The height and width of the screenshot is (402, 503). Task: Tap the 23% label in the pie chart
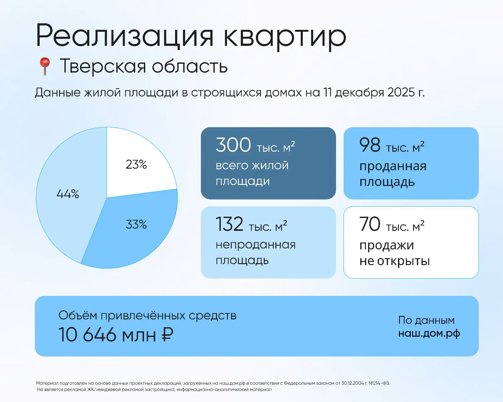pos(136,164)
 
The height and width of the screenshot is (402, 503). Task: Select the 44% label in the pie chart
pos(68,194)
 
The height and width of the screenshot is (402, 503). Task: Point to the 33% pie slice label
pos(136,224)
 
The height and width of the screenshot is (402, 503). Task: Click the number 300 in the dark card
pos(233,145)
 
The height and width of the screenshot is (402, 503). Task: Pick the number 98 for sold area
pos(370,145)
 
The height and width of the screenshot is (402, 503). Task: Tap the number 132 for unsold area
pos(229,224)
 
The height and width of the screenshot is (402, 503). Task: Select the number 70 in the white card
pos(370,224)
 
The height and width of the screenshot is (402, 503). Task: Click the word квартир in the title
pos(285,36)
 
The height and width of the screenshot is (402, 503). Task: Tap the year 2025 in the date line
pos(401,92)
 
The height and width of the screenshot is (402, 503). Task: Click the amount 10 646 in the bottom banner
pos(87,334)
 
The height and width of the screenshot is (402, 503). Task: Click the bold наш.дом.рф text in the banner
pos(429,333)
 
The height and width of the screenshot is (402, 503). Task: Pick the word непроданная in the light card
pos(256,245)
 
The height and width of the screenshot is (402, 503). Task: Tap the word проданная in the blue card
pos(393,166)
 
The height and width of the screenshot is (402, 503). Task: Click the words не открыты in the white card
pos(395,261)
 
